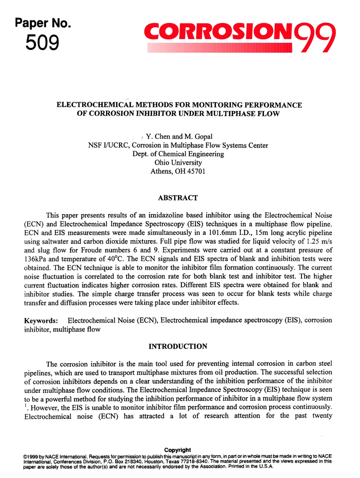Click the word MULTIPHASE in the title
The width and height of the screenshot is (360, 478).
[225, 114]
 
